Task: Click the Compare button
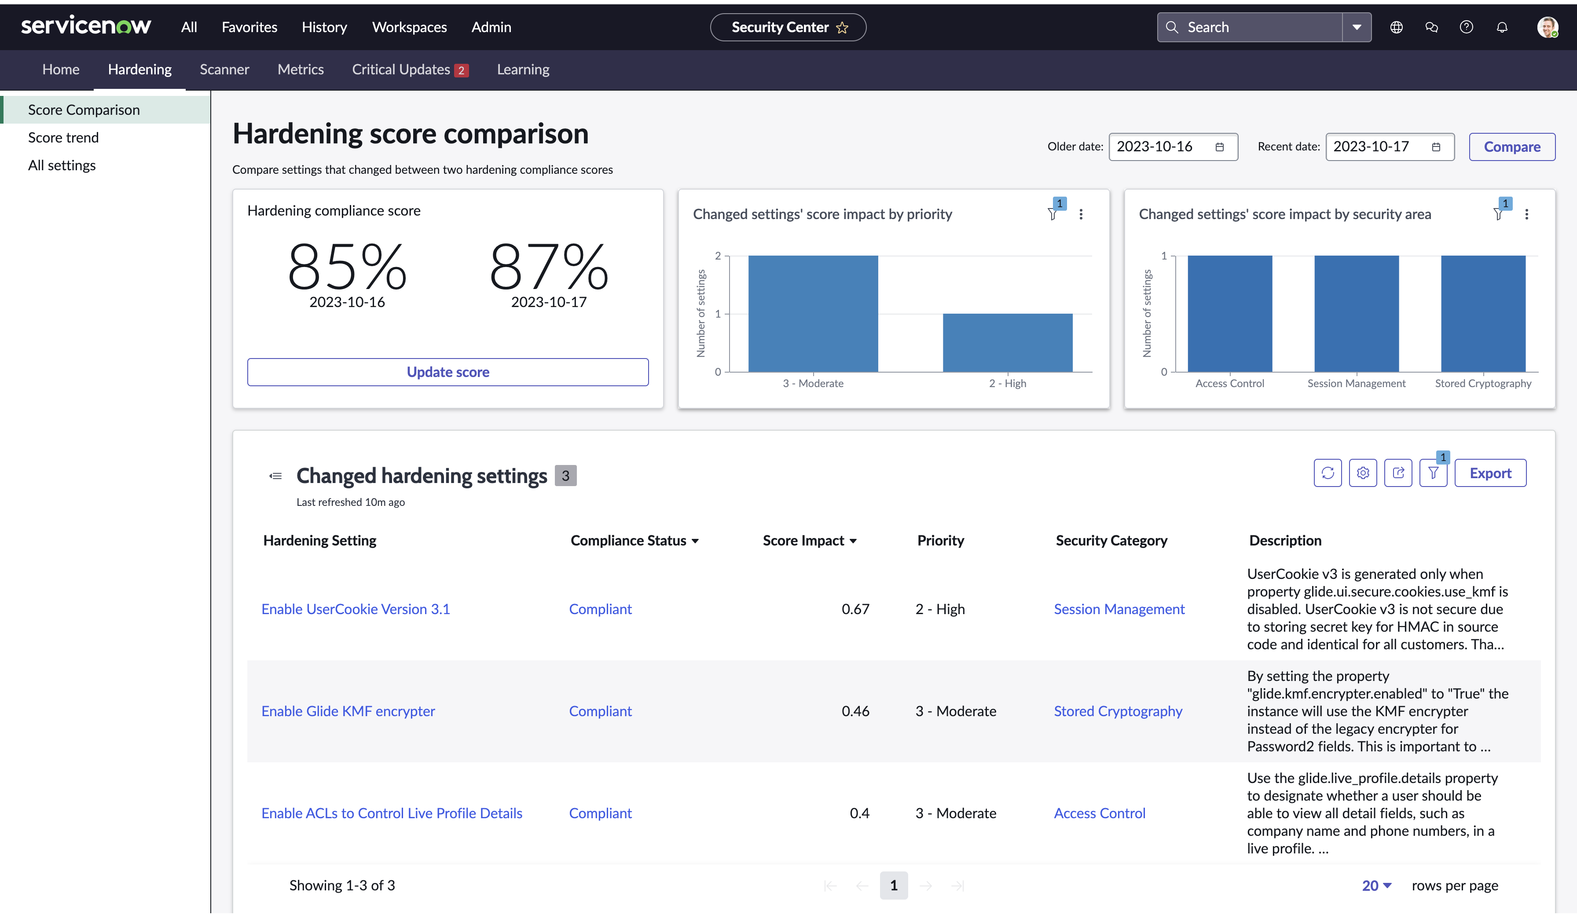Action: pyautogui.click(x=1511, y=147)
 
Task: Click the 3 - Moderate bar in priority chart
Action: pyautogui.click(x=813, y=314)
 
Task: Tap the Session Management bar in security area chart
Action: pyautogui.click(x=1356, y=314)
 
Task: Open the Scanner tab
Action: pyautogui.click(x=224, y=70)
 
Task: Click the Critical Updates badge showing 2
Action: pyautogui.click(x=461, y=70)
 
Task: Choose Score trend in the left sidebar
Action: pyautogui.click(x=63, y=138)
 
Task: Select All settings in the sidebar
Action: pyautogui.click(x=62, y=165)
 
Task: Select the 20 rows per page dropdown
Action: pyautogui.click(x=1376, y=886)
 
